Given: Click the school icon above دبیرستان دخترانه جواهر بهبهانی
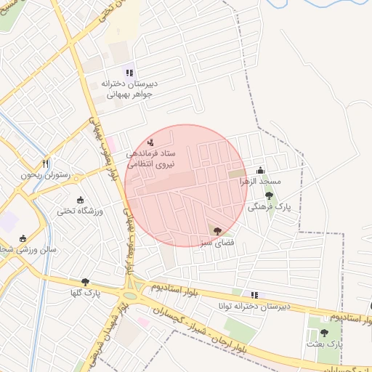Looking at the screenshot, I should (x=130, y=72).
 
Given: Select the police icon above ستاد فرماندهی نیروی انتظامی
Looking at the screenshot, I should (x=150, y=142).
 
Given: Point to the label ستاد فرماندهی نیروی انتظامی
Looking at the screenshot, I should (x=150, y=159).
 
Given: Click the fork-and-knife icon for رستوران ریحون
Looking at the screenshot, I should (x=46, y=163).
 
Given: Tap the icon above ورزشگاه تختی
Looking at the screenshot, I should (x=80, y=200).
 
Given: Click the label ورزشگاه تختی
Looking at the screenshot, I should (x=81, y=211).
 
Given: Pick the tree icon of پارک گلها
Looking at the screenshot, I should (x=86, y=282).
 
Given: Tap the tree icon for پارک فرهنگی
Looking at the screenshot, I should (x=269, y=195).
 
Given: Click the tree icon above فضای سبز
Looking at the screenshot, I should (x=217, y=230).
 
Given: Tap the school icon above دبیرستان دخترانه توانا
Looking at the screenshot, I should (x=254, y=294).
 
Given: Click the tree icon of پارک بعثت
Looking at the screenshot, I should (x=324, y=332).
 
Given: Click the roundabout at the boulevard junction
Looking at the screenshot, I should (x=132, y=294).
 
